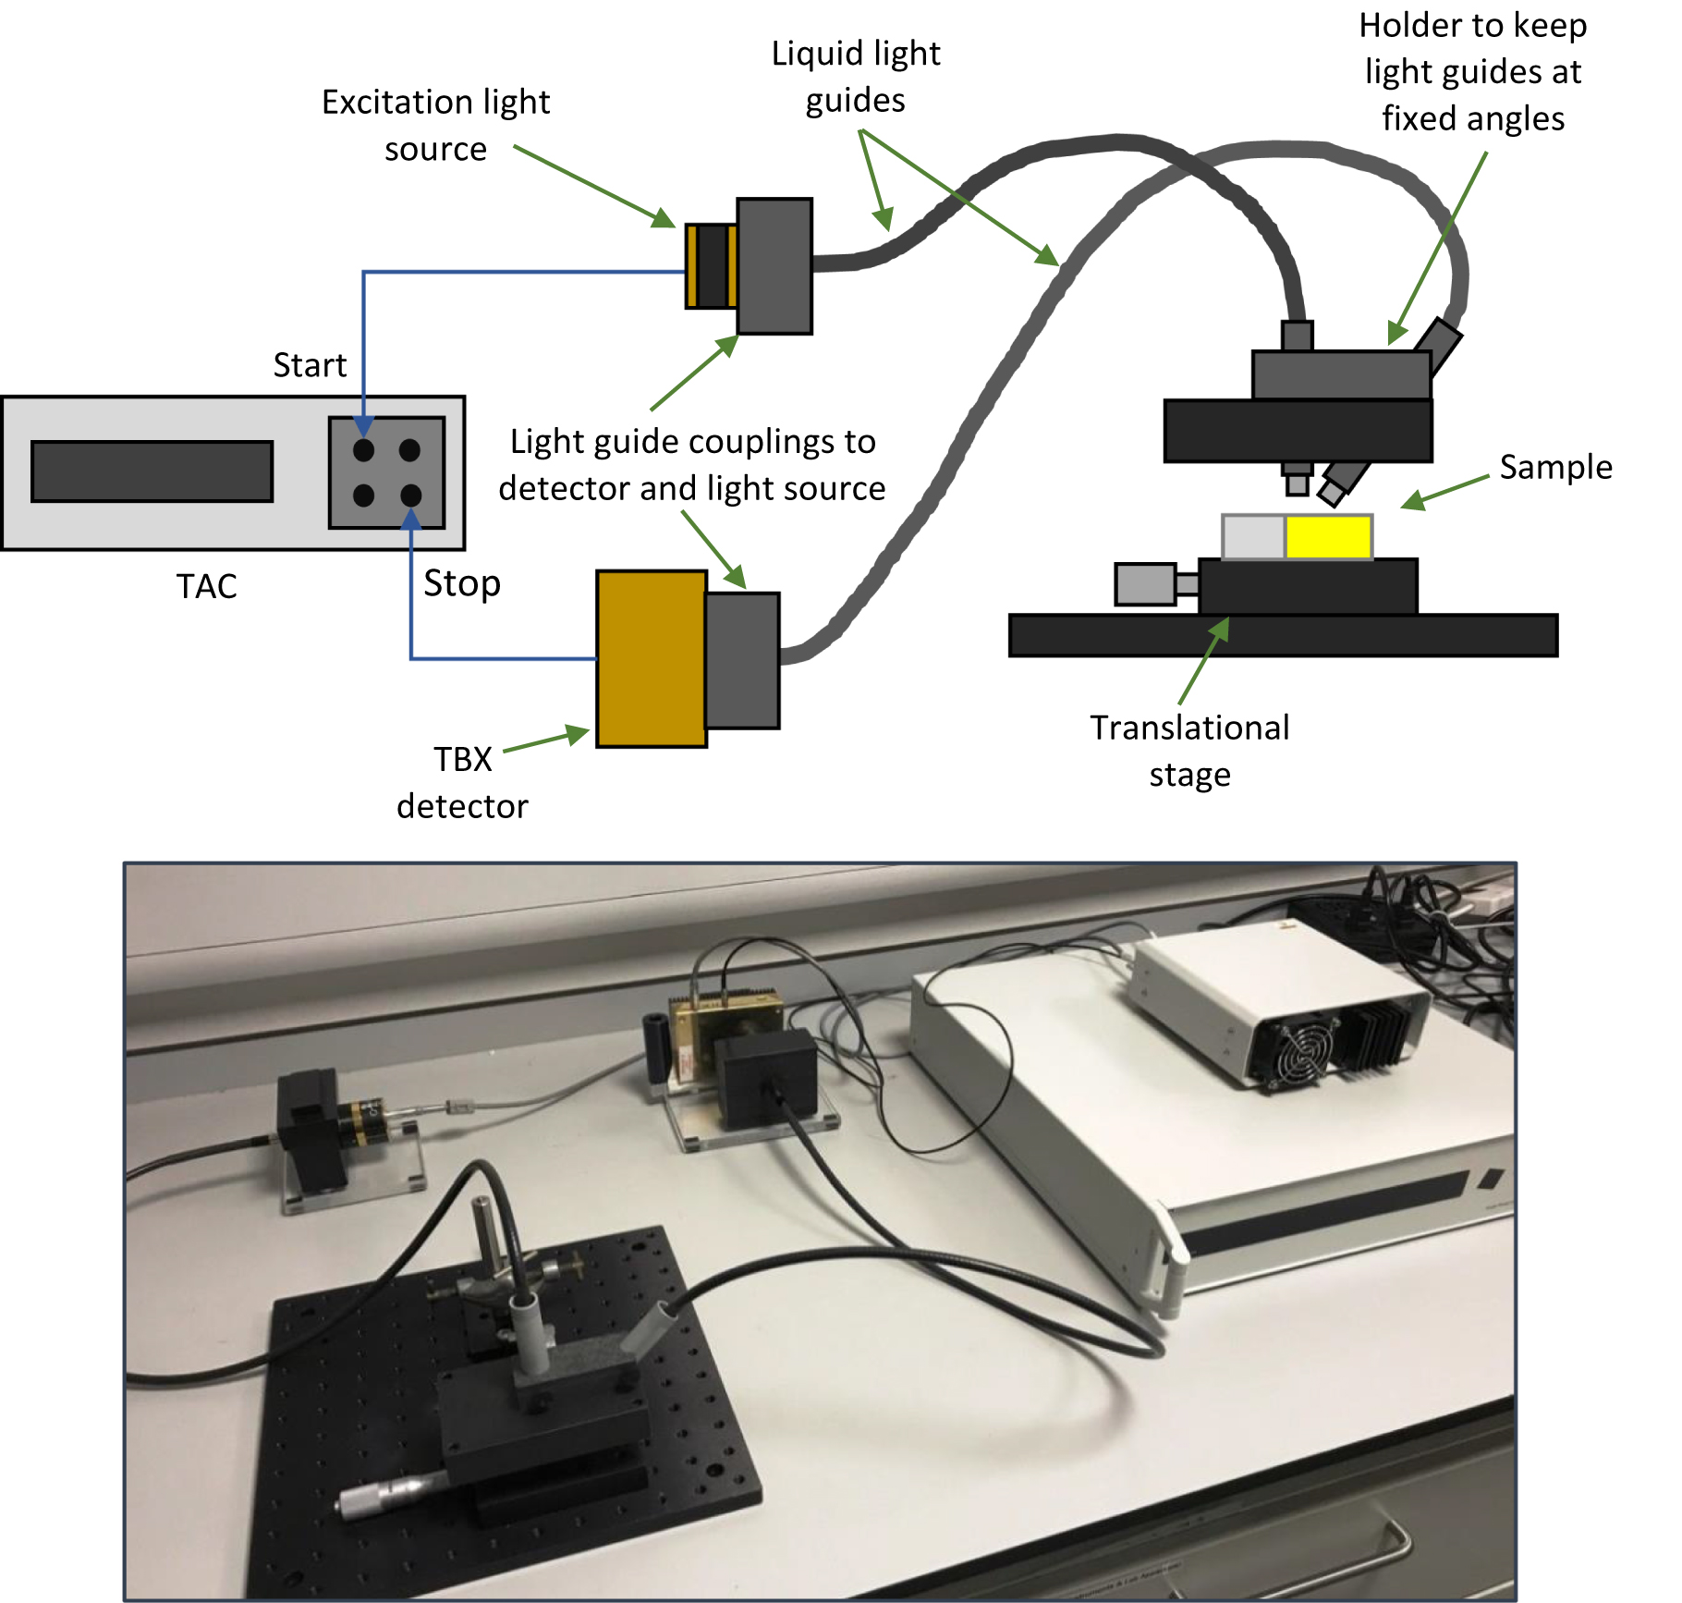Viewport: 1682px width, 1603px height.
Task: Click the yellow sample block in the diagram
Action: pyautogui.click(x=1328, y=537)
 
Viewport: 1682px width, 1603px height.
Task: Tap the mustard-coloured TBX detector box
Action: pyautogui.click(x=652, y=658)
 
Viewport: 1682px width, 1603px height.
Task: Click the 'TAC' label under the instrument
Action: pyautogui.click(x=207, y=586)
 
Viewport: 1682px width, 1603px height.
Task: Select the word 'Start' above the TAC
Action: pyautogui.click(x=310, y=365)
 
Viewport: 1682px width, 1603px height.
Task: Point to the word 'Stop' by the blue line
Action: pyautogui.click(x=462, y=583)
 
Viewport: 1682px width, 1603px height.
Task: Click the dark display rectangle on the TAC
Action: pyautogui.click(x=152, y=471)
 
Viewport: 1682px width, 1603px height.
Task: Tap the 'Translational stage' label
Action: pyautogui.click(x=1189, y=750)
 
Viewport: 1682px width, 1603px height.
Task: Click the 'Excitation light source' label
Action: pyautogui.click(x=435, y=125)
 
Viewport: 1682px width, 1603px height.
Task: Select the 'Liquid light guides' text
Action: pyautogui.click(x=856, y=77)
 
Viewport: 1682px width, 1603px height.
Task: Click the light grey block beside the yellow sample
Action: pyautogui.click(x=1253, y=537)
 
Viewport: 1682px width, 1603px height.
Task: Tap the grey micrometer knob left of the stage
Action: pyautogui.click(x=1145, y=584)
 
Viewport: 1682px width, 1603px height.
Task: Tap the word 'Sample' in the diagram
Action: pyautogui.click(x=1555, y=467)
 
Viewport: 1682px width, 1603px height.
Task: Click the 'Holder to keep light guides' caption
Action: pyautogui.click(x=1472, y=72)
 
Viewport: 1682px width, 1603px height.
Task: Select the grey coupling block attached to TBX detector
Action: pyautogui.click(x=743, y=660)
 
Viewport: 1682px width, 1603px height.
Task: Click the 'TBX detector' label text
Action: pyautogui.click(x=462, y=782)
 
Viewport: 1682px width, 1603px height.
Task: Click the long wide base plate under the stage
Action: pyautogui.click(x=1283, y=636)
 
